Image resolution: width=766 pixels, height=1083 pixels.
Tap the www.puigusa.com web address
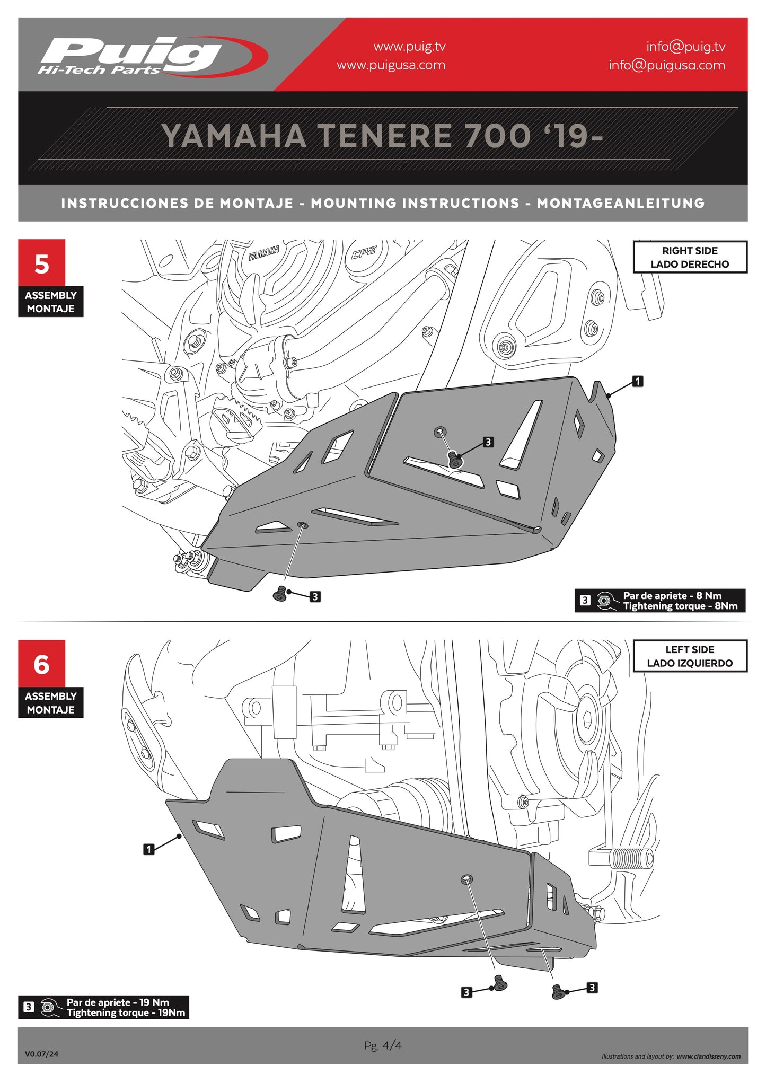click(391, 65)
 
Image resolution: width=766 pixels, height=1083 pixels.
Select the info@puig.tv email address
click(685, 47)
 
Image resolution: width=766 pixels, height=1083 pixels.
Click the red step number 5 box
click(41, 263)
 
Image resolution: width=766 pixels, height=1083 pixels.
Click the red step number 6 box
click(41, 664)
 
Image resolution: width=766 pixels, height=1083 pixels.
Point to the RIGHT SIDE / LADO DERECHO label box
click(689, 257)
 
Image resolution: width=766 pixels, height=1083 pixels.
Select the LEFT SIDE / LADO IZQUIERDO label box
click(689, 656)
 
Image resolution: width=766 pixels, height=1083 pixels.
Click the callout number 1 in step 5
click(638, 381)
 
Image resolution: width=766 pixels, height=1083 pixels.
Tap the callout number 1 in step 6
click(149, 849)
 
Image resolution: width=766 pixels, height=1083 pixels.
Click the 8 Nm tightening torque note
click(660, 601)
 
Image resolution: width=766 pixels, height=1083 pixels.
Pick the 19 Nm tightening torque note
click(104, 1007)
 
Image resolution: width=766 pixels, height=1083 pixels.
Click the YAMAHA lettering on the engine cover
click(263, 253)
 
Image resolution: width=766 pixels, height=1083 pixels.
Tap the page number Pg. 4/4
click(383, 1045)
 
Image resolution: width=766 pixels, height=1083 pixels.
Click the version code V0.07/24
click(41, 1054)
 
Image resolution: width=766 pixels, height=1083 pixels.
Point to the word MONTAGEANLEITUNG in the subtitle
click(620, 204)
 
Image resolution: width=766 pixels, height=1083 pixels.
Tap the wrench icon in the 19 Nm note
click(49, 1007)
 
